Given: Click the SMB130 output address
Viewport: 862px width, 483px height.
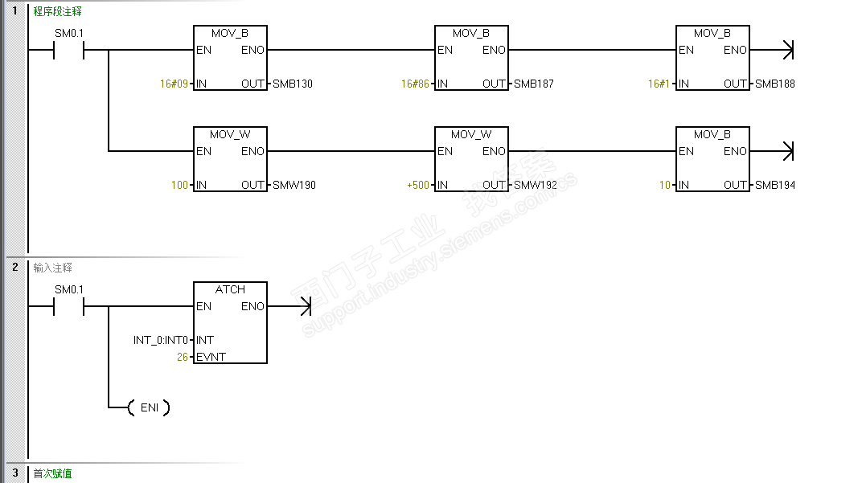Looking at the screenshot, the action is coord(293,84).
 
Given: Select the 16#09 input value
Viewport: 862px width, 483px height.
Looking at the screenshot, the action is coord(174,84).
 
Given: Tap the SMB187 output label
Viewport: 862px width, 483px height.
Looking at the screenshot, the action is coord(533,84).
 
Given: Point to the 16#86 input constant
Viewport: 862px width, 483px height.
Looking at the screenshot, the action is coord(415,84).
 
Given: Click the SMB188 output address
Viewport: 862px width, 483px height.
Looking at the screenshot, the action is coord(774,84).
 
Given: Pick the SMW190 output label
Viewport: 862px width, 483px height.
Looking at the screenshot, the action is coord(294,185).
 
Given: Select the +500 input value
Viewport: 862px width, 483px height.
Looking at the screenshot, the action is coord(418,185).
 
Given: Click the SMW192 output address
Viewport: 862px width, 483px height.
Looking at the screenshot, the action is coord(535,185).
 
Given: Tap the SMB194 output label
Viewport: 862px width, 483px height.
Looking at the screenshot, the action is coord(774,185).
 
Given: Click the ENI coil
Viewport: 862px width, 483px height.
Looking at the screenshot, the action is coord(149,407).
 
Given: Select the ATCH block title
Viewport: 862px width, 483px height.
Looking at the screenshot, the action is coord(230,289).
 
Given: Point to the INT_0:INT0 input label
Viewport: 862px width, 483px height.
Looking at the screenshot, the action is coord(161,340).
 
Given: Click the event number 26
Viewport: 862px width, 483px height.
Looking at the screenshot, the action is coord(183,357).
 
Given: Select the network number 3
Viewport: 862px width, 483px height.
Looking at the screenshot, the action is coord(14,473).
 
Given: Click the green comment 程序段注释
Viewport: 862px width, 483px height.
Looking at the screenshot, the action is coord(57,11).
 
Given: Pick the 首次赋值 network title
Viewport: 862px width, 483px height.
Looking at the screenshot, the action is coord(52,473).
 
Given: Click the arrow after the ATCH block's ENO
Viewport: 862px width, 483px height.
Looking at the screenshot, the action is coord(289,306).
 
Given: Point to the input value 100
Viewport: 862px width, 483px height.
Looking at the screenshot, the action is coord(180,185).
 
